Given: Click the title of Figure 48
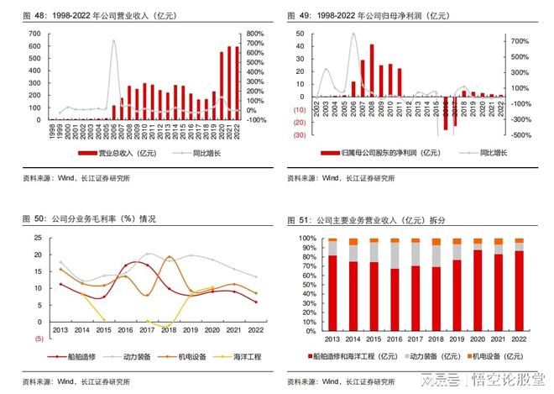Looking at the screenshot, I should [101, 16].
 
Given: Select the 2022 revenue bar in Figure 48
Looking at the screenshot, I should [237, 83].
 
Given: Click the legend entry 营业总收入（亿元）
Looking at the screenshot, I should [122, 153].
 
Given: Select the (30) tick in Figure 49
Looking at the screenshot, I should [299, 134].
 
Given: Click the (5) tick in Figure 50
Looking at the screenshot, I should [38, 339].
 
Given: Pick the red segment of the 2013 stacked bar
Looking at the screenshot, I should [333, 290].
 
